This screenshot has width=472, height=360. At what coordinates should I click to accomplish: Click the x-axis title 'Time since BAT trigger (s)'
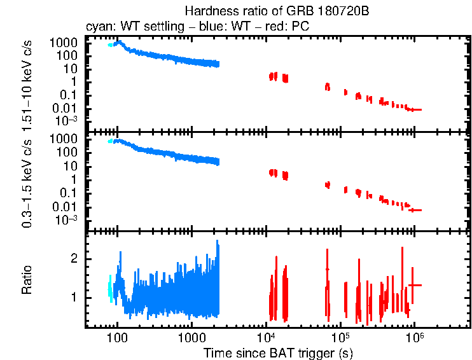click(278, 352)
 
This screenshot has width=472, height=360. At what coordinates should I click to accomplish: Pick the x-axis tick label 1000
click(191, 338)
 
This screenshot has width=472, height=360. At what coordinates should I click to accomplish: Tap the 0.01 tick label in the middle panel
click(67, 207)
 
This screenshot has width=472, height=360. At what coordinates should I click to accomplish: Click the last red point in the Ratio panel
click(415, 285)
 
